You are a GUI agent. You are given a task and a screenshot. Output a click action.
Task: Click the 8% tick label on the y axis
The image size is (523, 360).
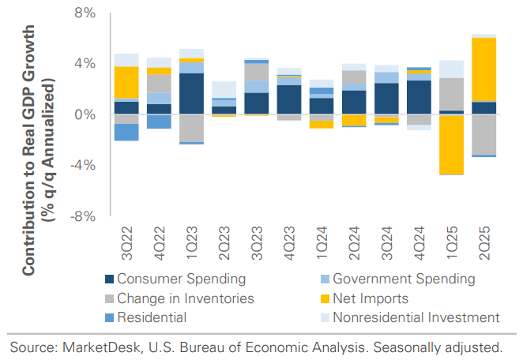click(85, 13)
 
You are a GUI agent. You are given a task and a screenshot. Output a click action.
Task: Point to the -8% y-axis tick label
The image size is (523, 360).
click(83, 216)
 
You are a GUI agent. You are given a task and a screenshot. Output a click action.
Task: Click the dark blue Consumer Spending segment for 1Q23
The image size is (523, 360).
click(191, 94)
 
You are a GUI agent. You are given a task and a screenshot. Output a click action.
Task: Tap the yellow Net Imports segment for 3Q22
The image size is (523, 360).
click(126, 82)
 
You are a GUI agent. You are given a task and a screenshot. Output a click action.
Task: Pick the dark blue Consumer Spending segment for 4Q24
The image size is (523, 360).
click(419, 97)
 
